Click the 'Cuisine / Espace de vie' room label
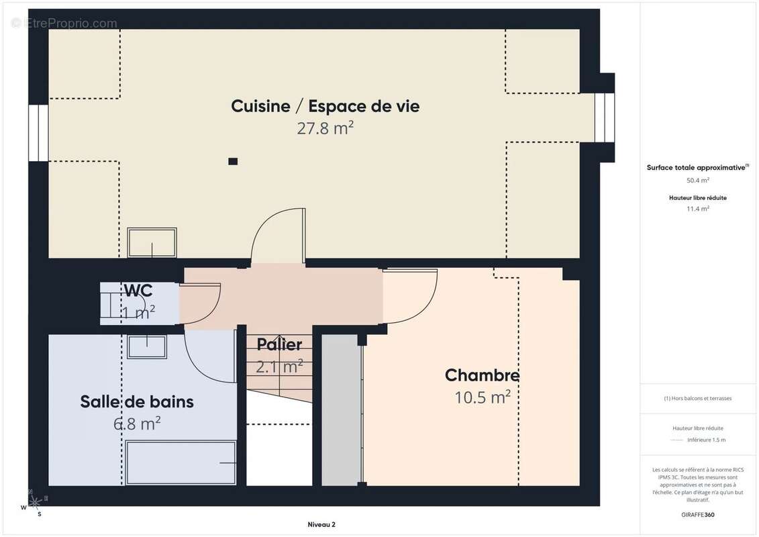(325, 106)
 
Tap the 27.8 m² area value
(325, 128)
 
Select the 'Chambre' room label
(482, 375)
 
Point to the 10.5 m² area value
(482, 397)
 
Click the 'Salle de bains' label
(137, 401)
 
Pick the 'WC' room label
(138, 291)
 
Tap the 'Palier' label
(279, 344)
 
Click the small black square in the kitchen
(233, 161)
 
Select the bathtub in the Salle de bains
(181, 462)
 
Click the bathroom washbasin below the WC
(147, 346)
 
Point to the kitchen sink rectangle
(152, 242)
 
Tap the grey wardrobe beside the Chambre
(340, 409)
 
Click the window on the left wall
(39, 133)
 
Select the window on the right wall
(604, 117)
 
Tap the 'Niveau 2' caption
(321, 525)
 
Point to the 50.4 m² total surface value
(697, 180)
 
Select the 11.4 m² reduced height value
(697, 209)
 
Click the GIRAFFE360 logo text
(697, 516)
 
